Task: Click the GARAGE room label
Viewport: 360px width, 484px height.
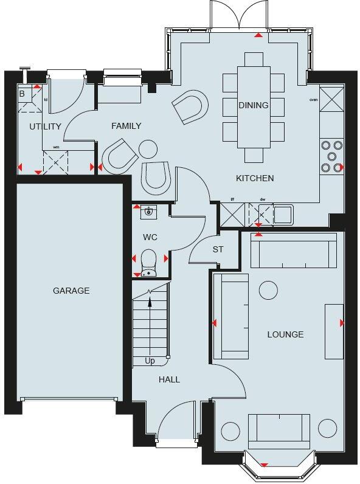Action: tap(71, 291)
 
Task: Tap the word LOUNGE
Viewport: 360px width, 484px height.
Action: tap(285, 334)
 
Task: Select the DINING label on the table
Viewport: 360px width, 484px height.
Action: tap(254, 105)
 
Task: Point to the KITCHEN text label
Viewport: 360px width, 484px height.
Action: tap(255, 178)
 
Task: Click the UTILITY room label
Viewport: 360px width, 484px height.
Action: tap(45, 126)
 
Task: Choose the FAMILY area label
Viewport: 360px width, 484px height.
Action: tap(126, 126)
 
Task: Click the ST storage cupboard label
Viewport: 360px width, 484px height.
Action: tap(218, 249)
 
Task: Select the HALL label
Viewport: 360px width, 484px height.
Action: tap(169, 379)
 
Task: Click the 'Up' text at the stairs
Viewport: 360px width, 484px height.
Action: tap(150, 361)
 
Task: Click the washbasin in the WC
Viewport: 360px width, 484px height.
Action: tap(148, 212)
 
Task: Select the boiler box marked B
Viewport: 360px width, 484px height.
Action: tap(22, 94)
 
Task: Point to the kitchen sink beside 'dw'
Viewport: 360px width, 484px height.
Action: tap(283, 214)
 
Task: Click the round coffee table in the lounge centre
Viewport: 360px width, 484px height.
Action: tap(269, 290)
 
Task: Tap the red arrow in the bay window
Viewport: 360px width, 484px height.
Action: tap(263, 465)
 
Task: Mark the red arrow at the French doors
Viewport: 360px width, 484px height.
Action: tap(258, 35)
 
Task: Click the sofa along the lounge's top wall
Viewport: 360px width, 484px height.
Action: tap(294, 250)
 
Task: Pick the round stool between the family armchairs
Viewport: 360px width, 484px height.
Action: tap(148, 149)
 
